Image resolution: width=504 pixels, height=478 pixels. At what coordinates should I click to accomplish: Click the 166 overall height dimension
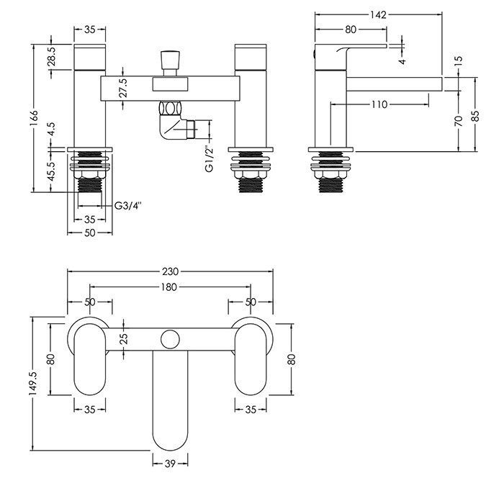point(35,119)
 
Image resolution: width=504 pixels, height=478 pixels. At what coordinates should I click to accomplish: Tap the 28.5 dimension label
point(52,56)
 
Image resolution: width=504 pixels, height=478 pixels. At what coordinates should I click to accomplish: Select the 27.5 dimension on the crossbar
point(123,88)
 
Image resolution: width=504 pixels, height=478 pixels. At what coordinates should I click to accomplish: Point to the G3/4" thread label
point(128,206)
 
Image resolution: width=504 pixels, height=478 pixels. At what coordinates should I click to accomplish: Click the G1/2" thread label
point(210,160)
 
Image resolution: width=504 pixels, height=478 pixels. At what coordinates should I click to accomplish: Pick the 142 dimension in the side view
point(378,15)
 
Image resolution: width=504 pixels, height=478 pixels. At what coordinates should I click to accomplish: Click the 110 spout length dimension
point(379,104)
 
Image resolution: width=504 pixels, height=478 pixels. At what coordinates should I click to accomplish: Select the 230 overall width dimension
point(170,271)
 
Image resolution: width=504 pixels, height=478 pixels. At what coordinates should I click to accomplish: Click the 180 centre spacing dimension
point(169,287)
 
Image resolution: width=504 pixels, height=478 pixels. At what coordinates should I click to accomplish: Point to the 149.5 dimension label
point(35,384)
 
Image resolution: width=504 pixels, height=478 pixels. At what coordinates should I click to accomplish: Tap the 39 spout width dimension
point(170,464)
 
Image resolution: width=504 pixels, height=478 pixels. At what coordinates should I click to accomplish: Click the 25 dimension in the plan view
point(124,338)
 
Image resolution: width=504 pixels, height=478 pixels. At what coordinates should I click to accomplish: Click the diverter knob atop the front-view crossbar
point(170,63)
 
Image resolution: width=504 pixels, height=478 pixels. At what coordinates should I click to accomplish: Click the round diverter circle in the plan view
point(170,339)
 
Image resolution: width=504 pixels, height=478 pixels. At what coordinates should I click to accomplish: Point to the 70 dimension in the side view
point(459,121)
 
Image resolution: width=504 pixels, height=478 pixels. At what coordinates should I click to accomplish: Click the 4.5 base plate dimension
point(52,130)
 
